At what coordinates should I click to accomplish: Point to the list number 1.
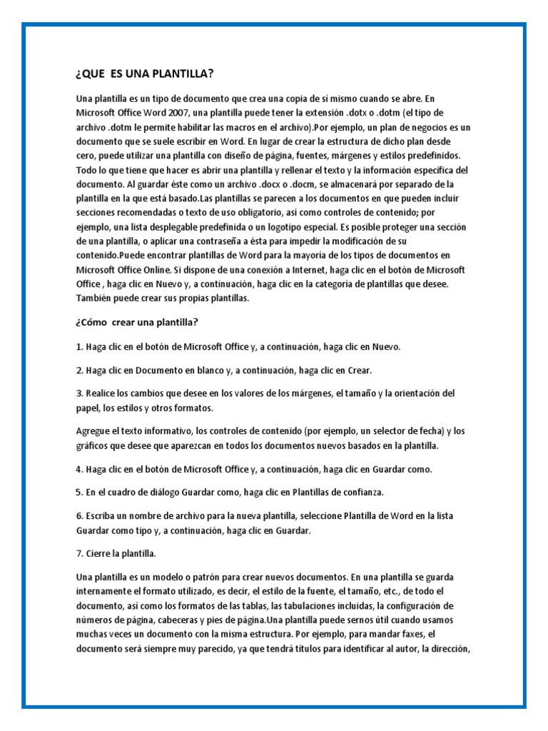(x=78, y=347)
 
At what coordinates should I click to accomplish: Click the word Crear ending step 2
(x=359, y=370)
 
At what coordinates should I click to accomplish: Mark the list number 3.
(x=78, y=393)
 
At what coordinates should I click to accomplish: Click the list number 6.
(x=78, y=516)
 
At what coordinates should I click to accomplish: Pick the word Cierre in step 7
(x=99, y=553)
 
